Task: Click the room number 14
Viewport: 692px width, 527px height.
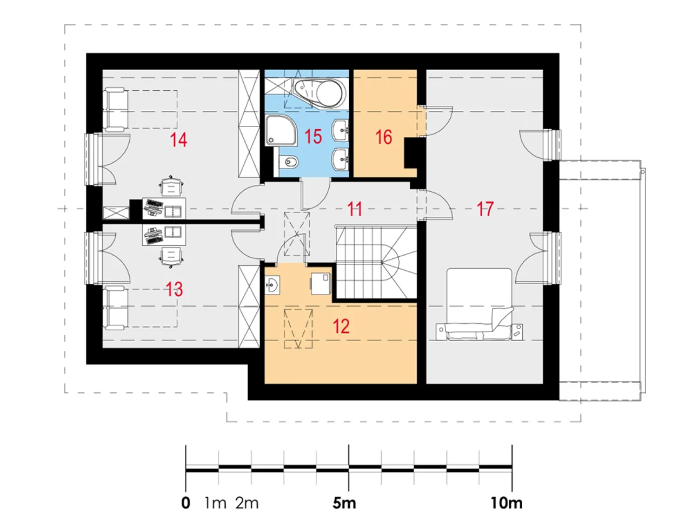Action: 178,139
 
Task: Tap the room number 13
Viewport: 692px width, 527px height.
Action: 174,289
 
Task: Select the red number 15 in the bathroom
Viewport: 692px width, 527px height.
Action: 313,136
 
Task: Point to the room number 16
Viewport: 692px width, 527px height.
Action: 384,137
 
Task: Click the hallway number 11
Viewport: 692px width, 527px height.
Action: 355,209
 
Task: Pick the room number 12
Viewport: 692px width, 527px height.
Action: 341,326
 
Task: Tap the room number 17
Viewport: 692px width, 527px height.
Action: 485,209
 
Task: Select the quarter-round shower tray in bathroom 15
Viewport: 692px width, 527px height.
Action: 281,130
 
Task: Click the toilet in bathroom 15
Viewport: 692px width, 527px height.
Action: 287,162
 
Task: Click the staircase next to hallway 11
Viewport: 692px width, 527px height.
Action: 376,262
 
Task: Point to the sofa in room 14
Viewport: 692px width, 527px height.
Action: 116,109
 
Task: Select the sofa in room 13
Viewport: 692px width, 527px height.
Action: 116,308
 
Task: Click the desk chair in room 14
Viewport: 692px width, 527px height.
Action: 171,186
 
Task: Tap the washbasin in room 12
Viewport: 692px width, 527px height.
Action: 272,285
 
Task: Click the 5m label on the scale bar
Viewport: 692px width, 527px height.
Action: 344,503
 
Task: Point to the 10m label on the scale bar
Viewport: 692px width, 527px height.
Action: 507,503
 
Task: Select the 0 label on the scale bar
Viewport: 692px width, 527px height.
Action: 185,503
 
